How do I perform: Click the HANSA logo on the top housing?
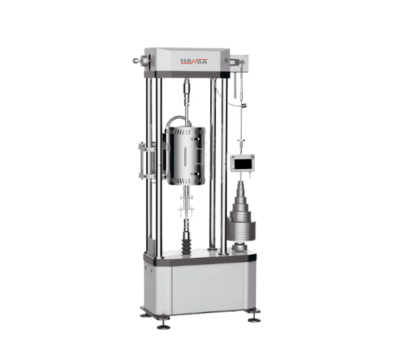[194, 61]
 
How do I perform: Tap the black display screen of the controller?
[242, 164]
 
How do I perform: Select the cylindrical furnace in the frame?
[186, 156]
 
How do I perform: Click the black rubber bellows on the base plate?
[187, 246]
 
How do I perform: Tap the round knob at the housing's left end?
[135, 60]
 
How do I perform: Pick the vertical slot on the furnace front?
[184, 156]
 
